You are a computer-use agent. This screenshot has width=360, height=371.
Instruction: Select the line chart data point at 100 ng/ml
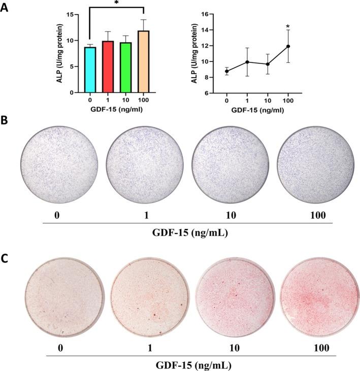(288, 46)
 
